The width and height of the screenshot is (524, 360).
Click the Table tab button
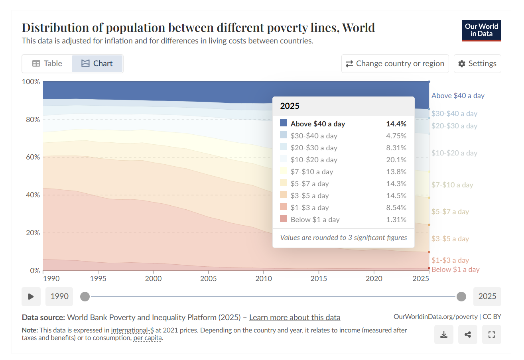click(47, 63)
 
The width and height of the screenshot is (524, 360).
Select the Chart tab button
click(97, 63)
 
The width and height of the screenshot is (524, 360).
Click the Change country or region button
click(395, 63)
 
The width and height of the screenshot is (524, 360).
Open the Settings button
click(477, 63)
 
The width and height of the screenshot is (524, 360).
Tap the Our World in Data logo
click(481, 30)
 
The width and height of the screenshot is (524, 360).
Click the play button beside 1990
click(31, 296)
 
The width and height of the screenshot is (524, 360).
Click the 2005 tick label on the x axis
click(208, 278)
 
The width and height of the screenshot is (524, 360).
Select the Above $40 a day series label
click(458, 96)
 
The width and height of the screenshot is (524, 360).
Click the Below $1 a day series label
click(455, 270)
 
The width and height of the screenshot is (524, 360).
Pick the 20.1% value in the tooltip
click(398, 160)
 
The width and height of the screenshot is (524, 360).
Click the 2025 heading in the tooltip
click(290, 106)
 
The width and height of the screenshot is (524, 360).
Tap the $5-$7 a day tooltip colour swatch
click(284, 183)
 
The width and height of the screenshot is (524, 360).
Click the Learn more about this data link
click(295, 317)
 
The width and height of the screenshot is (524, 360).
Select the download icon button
click(443, 334)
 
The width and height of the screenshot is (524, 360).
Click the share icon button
click(468, 334)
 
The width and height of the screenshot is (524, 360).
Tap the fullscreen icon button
click(492, 334)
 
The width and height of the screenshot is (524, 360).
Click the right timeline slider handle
click(461, 296)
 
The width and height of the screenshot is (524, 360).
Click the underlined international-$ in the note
click(132, 330)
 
